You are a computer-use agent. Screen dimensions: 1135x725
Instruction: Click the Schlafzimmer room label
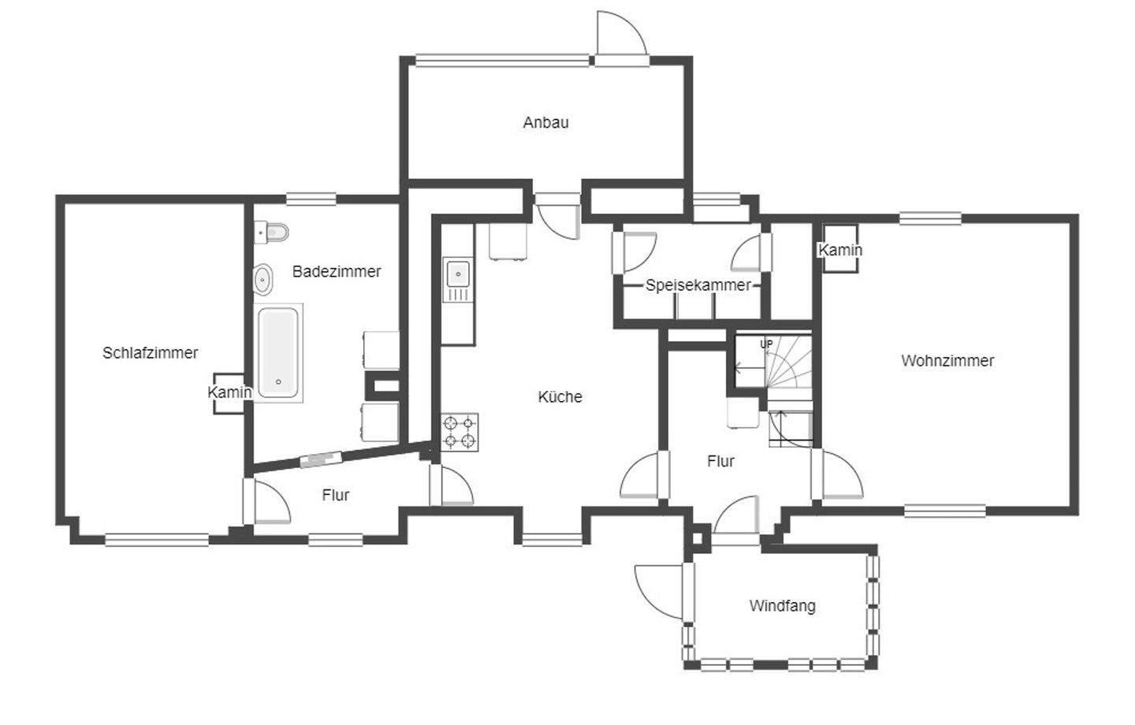tap(150, 352)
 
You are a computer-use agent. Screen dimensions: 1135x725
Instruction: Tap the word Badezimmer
tap(337, 272)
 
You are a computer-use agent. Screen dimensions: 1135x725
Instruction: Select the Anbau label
tap(545, 123)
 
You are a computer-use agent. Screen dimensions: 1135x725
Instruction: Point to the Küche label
tap(560, 396)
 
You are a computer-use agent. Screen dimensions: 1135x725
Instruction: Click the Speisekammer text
tap(698, 285)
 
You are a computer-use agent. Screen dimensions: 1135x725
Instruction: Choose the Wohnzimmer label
tap(947, 361)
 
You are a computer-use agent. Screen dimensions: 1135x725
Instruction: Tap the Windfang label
tap(783, 606)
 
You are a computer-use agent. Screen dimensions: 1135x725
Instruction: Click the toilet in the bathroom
tap(271, 232)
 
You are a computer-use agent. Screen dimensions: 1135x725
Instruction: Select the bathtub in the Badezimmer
tap(278, 353)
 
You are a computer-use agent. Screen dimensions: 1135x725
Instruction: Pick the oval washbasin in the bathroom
tap(263, 279)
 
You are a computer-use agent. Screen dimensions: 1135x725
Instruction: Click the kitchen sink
tap(458, 280)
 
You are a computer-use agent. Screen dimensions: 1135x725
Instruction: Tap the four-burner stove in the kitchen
tap(459, 432)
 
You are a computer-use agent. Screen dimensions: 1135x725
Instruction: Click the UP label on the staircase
tap(766, 344)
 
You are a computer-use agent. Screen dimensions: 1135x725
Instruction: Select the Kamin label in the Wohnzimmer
tap(840, 250)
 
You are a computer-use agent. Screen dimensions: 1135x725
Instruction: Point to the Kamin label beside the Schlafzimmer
tap(229, 392)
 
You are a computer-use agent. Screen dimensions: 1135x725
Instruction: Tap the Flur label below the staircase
tap(720, 462)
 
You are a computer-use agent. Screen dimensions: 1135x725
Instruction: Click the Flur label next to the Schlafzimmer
tap(336, 495)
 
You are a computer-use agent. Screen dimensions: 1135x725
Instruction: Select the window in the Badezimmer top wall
tap(311, 199)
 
